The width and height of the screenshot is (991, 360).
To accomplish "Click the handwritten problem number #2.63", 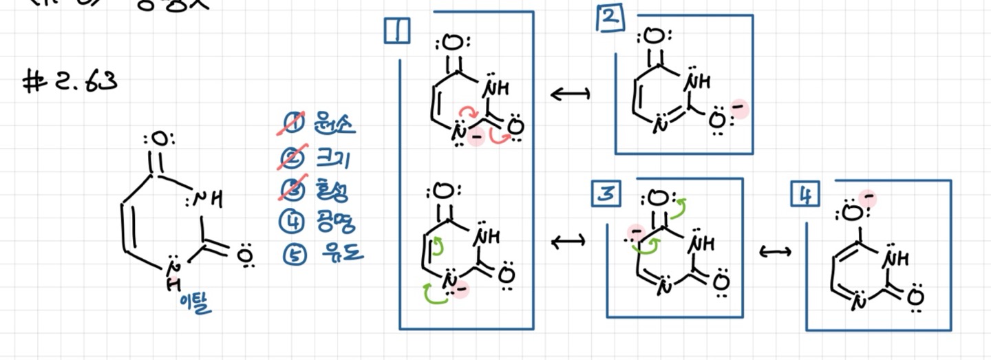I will (69, 82).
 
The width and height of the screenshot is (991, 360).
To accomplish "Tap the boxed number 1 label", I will (397, 31).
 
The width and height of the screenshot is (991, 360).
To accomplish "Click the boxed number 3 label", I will (607, 195).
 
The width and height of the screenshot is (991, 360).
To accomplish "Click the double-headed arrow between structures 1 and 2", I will (571, 94).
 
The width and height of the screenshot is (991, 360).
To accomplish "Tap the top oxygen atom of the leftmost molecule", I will (159, 140).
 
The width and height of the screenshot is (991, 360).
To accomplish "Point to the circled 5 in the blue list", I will (292, 254).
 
